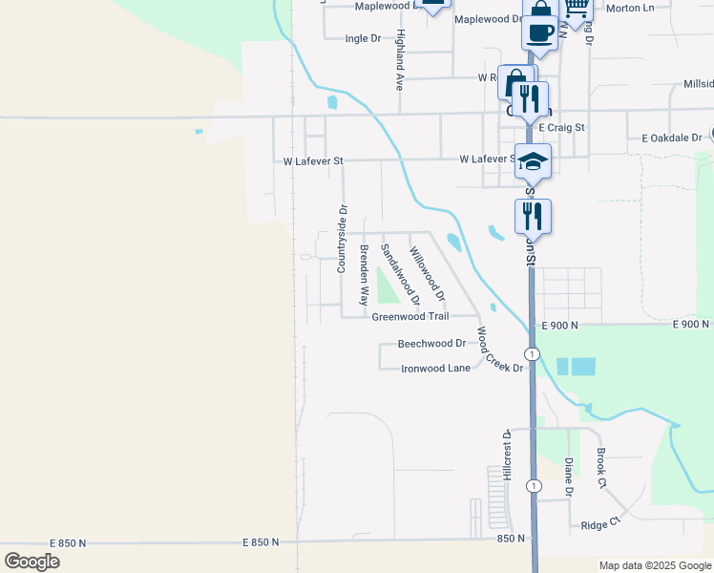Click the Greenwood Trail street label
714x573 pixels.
click(x=423, y=316)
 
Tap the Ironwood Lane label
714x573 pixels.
click(x=435, y=368)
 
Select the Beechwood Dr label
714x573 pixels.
click(x=431, y=343)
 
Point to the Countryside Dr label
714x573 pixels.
click(x=341, y=239)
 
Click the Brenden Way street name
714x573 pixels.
click(x=364, y=275)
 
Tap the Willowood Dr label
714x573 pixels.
click(x=427, y=270)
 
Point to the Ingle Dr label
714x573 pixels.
click(x=363, y=39)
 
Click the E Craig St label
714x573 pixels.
click(x=561, y=127)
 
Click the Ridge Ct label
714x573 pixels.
click(x=600, y=524)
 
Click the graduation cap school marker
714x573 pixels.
click(x=534, y=161)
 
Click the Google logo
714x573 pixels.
click(x=31, y=562)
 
